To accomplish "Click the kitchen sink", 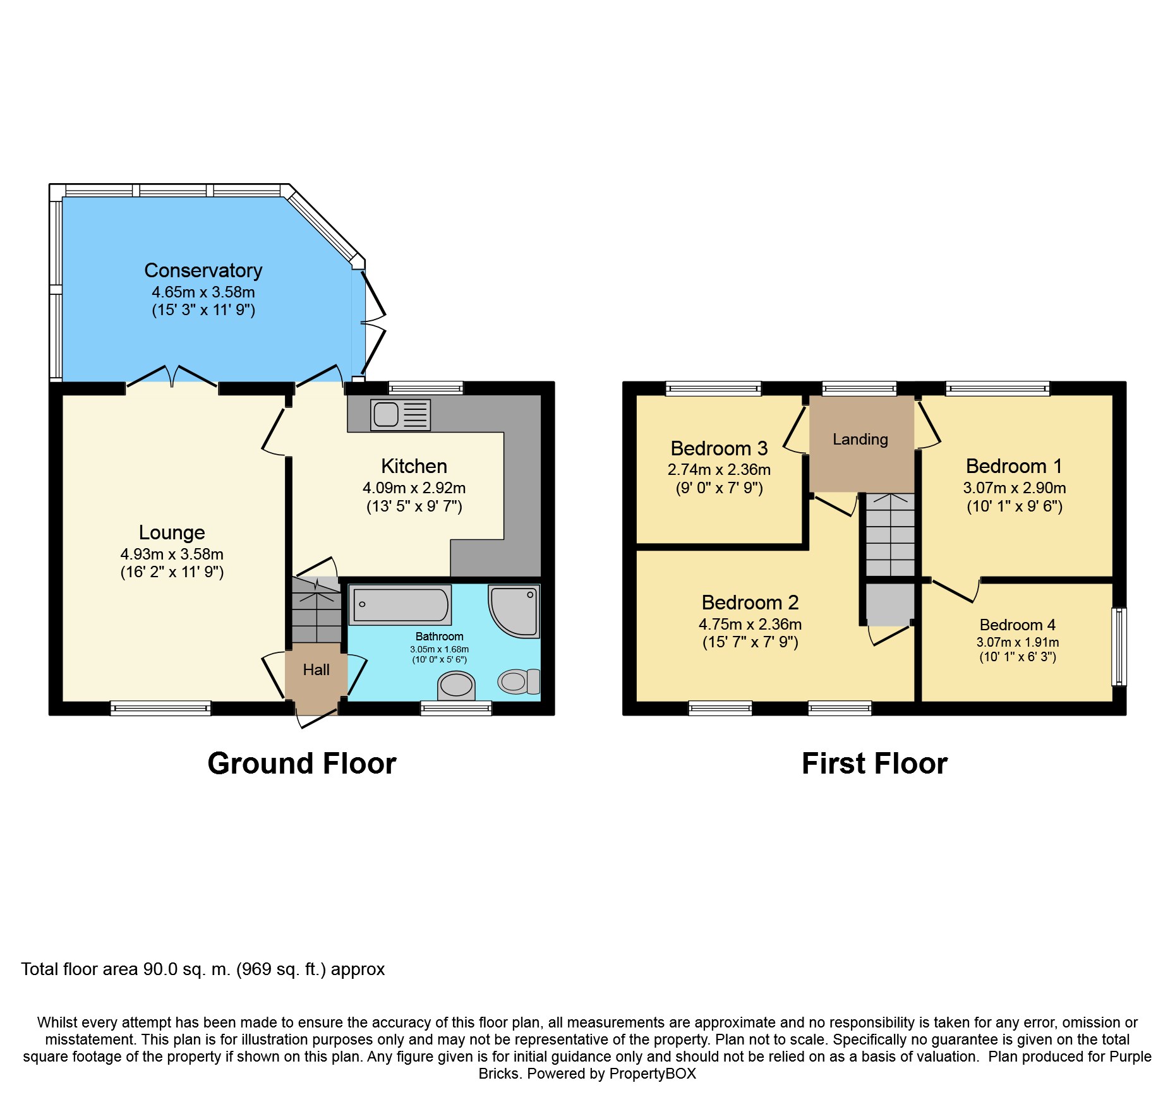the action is point(401,415).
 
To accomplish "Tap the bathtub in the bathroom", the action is point(401,605).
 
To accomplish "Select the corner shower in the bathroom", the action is point(514,611).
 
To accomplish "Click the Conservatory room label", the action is point(203,270).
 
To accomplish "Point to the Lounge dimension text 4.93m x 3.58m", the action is point(172,554).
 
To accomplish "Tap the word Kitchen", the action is point(414,466).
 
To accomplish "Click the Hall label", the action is point(316,669).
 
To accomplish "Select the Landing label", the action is point(860,439).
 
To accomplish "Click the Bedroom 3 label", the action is point(719,448).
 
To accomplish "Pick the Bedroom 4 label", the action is point(1017,625).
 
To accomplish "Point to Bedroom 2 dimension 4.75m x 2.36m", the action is point(750,624).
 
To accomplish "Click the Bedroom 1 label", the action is point(1014,466).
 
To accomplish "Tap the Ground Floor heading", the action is point(302,764).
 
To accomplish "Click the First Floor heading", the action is point(874,764).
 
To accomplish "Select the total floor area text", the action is point(203,969).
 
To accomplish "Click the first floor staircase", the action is point(890,534).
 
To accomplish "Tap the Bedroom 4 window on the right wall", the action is point(1119,646).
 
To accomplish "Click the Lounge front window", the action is point(160,708).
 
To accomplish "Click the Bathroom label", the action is point(439,637).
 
